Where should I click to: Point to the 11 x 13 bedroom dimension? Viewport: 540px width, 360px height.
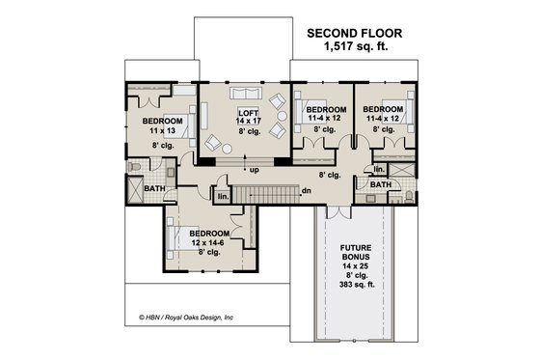coord(161,130)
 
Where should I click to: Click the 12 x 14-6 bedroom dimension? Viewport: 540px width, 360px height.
coord(208,243)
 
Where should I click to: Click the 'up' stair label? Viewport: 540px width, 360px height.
coord(254,171)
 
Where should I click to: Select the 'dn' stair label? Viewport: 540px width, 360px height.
coord(306,190)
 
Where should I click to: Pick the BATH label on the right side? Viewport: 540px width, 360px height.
coord(380,184)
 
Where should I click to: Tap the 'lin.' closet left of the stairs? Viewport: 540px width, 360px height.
coord(223,196)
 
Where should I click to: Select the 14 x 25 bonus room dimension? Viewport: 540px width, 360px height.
coord(356,267)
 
